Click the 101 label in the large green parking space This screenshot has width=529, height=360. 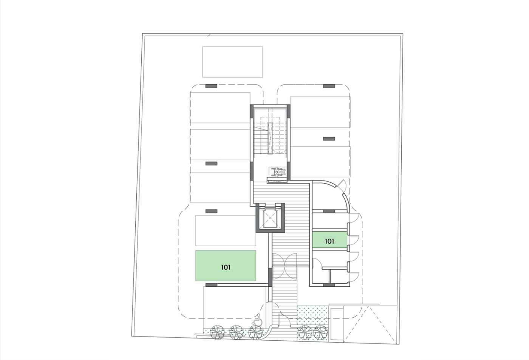[226, 267]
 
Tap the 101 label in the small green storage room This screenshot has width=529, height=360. [329, 241]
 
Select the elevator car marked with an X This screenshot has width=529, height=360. [270, 218]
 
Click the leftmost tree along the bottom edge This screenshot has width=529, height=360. [217, 332]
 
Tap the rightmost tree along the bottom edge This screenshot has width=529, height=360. [320, 332]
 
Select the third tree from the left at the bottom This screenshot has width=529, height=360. [255, 332]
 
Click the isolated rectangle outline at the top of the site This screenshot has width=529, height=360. [233, 62]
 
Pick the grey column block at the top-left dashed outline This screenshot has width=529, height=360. [211, 86]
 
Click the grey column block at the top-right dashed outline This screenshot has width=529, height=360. [329, 86]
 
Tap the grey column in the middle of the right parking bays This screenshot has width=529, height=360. [329, 139]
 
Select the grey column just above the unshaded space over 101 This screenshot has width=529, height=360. [211, 211]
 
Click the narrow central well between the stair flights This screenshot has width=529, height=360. [270, 136]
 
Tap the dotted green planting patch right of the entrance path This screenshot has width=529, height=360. [312, 315]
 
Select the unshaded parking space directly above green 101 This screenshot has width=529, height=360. [226, 230]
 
